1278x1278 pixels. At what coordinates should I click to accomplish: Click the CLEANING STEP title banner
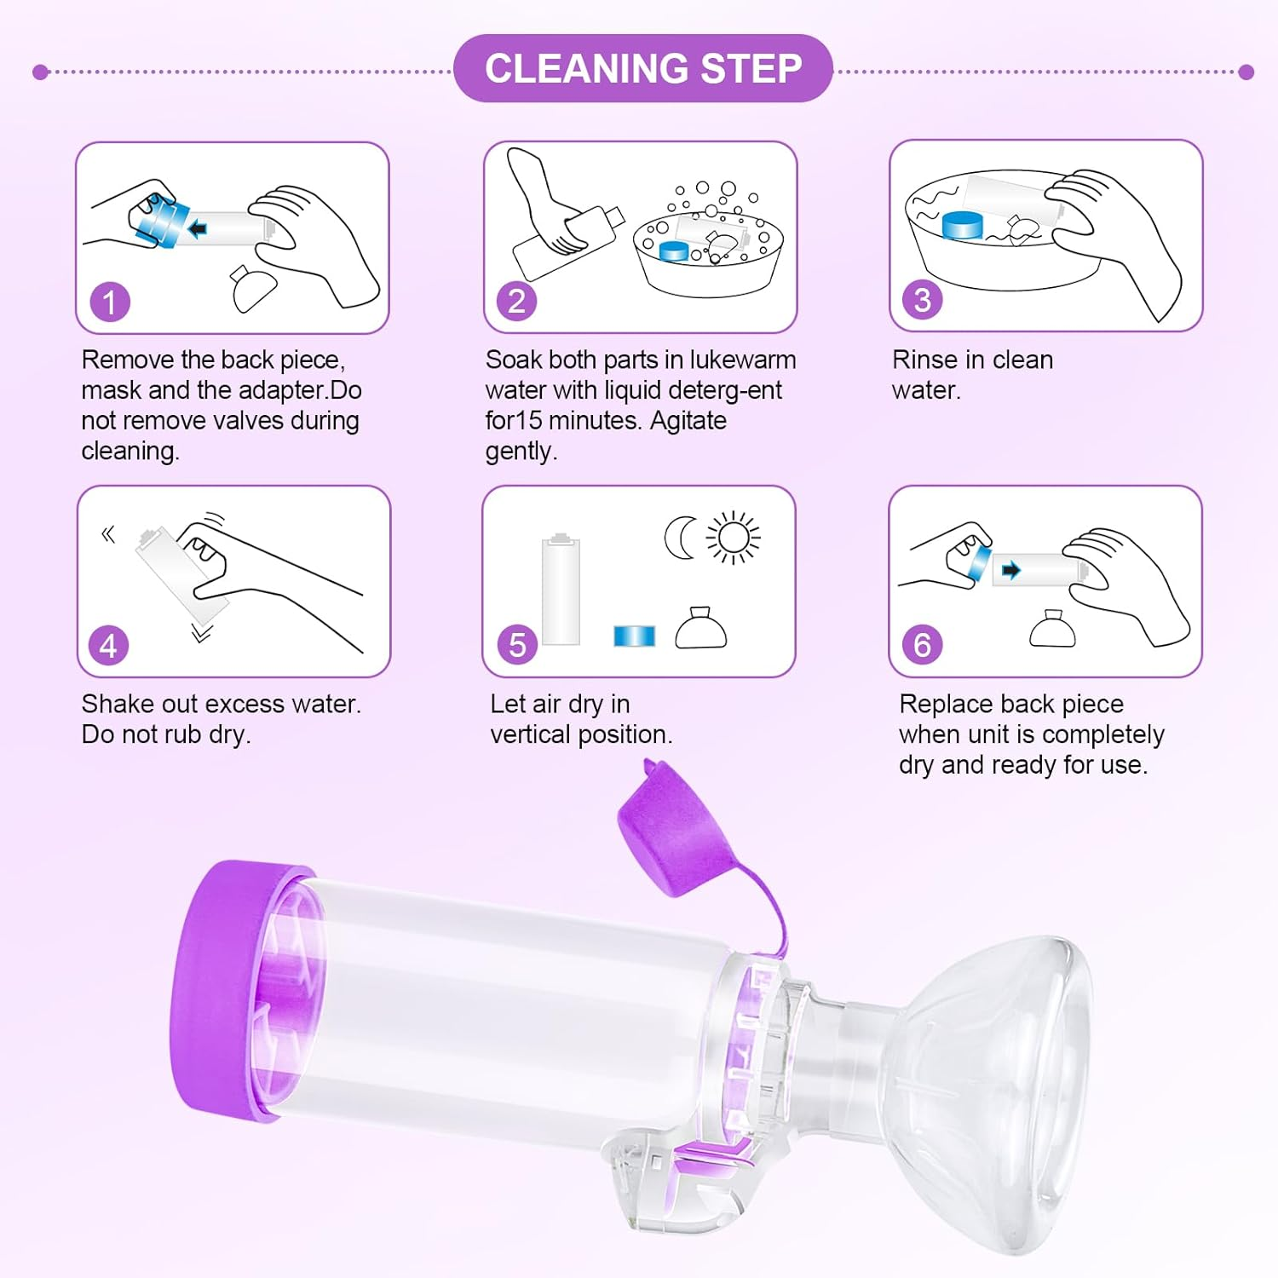pos(642,69)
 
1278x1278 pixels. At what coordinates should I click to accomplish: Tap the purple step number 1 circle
pos(110,302)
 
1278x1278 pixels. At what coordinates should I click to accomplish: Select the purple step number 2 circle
pos(516,302)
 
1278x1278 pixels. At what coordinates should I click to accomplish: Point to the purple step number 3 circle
pos(922,301)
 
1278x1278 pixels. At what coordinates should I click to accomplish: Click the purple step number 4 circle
pos(108,646)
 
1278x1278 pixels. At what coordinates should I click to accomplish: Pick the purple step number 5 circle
pos(516,645)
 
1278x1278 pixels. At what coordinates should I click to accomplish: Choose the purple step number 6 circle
pos(922,645)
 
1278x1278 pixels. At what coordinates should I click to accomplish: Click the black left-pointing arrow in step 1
pos(198,228)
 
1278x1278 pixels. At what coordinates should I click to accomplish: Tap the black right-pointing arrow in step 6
pos(1010,570)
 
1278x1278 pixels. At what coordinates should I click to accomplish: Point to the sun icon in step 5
pos(733,538)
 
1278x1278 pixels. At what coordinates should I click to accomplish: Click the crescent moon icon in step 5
pos(681,538)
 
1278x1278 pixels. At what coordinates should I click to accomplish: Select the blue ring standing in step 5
pos(634,636)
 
